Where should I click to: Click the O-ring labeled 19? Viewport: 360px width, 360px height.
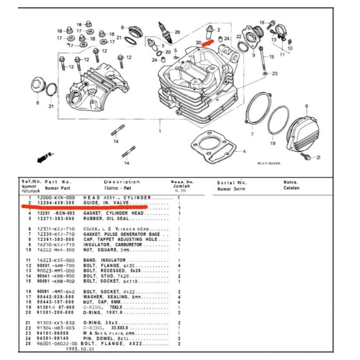[278, 120]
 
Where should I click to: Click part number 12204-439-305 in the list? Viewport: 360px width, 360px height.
[55, 203]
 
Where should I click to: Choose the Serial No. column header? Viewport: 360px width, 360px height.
[232, 182]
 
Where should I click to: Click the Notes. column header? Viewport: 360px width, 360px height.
[291, 182]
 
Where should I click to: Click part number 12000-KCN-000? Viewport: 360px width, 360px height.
[55, 198]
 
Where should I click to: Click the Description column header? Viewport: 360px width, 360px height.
[122, 182]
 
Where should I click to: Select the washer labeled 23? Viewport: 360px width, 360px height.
[265, 73]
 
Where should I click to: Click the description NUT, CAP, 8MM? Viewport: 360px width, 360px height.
[102, 302]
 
